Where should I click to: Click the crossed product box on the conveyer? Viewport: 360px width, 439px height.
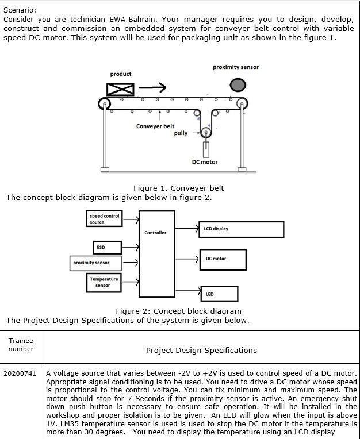click(120, 89)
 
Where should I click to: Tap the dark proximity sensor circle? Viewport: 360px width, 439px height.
click(238, 85)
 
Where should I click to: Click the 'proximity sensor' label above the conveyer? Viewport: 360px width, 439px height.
click(236, 67)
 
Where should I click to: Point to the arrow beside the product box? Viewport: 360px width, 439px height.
click(152, 87)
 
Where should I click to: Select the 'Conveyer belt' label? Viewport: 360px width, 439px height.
click(155, 126)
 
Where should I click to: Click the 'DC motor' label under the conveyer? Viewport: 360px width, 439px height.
click(205, 162)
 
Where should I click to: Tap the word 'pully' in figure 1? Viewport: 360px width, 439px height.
click(181, 133)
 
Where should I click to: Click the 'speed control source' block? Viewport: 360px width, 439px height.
click(104, 219)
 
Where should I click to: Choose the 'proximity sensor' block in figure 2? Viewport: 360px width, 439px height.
click(96, 263)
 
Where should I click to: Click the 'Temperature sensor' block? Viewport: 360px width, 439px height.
click(104, 282)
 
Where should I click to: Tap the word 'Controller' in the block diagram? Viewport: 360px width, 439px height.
click(155, 233)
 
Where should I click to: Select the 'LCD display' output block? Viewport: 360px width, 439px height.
click(241, 229)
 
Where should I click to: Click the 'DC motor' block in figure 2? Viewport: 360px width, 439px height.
click(223, 259)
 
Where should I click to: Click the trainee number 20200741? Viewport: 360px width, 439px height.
click(20, 373)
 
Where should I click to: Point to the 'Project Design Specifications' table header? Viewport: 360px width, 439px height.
click(201, 350)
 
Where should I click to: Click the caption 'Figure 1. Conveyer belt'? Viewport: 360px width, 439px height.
click(178, 188)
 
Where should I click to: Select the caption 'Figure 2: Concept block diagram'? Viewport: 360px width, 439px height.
click(178, 311)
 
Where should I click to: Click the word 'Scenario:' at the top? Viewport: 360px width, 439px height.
click(20, 10)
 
